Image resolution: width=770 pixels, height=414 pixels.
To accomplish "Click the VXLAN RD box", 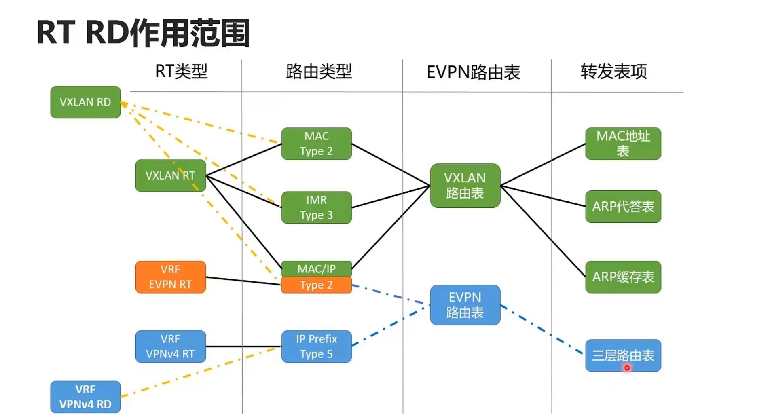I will pos(85,102).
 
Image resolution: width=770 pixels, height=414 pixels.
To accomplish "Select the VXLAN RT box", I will pos(170,175).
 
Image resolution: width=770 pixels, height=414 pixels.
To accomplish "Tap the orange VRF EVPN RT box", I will pos(170,277).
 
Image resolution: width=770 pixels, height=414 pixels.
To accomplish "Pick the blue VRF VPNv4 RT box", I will pos(170,346).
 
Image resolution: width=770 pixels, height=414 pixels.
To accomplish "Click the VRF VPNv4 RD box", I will pos(85,397).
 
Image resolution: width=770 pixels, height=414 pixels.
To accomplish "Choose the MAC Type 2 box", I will pos(316,144).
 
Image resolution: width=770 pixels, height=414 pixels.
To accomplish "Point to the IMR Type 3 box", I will pos(316,207).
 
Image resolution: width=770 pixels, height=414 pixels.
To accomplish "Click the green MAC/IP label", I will pos(316,269).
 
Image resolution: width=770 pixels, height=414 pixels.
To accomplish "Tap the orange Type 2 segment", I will pos(316,285).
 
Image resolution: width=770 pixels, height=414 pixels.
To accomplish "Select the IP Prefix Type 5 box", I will pos(316,346).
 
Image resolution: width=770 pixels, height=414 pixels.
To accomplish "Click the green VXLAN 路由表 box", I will pos(465,186).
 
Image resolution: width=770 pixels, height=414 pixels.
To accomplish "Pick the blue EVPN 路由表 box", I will pos(465,305).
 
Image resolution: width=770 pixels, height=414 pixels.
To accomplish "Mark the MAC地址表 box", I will pos(623,144).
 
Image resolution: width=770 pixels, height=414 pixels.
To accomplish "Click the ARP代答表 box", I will pos(623,207).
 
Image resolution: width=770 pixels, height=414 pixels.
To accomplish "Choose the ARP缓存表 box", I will pos(623,277).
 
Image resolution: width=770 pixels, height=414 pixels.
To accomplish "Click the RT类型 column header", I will pos(181,72).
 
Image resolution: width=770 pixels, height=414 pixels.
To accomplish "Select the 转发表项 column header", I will pos(613,72).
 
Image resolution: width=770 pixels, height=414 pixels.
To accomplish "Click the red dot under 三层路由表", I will pos(627,368).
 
